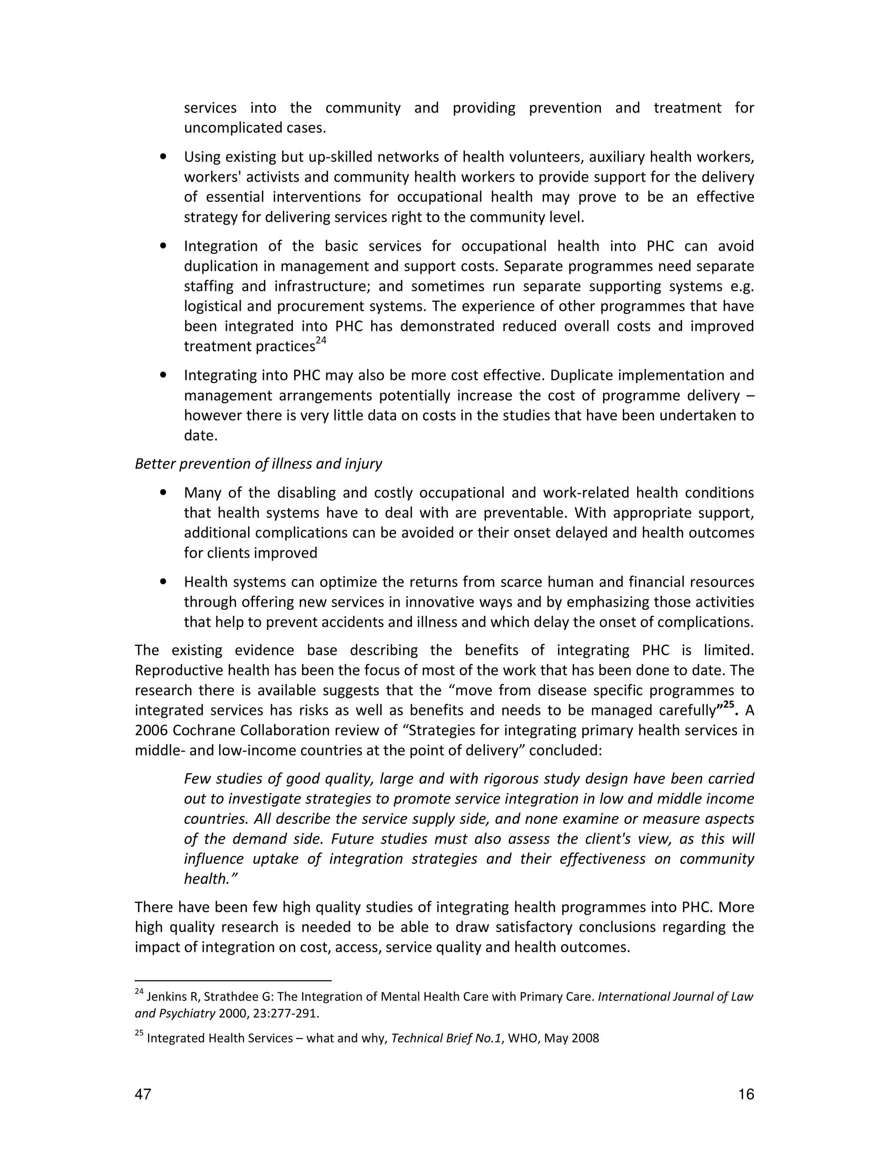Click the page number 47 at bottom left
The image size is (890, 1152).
click(143, 1094)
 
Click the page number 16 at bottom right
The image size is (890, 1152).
click(746, 1094)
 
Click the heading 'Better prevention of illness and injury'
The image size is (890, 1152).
click(259, 464)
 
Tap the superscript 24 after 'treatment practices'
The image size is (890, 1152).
click(321, 341)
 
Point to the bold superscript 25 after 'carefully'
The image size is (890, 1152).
click(729, 705)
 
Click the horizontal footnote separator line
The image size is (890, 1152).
click(232, 980)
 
